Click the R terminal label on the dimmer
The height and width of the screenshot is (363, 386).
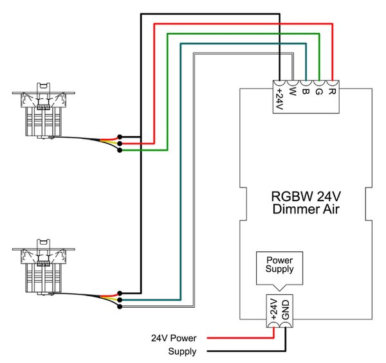click(332, 91)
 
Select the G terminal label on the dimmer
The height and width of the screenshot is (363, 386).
click(319, 91)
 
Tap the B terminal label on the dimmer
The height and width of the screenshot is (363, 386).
click(306, 91)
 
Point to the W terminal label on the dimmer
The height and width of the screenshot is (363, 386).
click(292, 91)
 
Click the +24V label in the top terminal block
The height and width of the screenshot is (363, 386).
click(280, 99)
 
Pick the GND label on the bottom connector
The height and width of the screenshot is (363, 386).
click(286, 310)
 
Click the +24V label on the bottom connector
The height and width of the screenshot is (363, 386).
click(273, 309)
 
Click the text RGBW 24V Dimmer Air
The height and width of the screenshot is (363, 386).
click(306, 203)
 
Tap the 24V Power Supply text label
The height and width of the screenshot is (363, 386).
click(174, 344)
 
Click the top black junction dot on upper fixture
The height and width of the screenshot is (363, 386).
click(120, 137)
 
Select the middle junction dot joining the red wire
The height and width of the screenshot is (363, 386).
click(120, 143)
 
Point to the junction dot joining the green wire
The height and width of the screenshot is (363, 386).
click(120, 150)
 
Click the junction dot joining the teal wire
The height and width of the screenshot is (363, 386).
click(120, 300)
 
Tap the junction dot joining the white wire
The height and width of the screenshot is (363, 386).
click(120, 306)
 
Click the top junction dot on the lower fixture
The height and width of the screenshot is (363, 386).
click(120, 293)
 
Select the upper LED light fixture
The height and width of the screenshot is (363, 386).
click(44, 111)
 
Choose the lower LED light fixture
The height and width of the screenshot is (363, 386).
click(44, 267)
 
